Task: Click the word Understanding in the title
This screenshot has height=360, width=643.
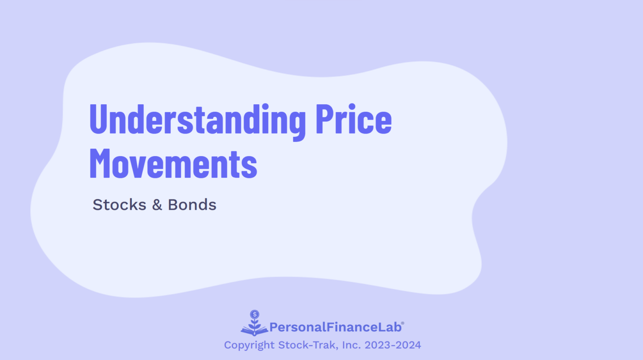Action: (197, 120)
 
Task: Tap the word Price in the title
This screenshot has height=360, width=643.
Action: (353, 120)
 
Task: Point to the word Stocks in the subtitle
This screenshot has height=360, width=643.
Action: (119, 205)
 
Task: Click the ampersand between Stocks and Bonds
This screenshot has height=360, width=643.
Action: (157, 205)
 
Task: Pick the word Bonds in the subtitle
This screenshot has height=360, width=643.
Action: (192, 205)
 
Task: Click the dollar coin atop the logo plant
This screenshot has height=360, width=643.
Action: (255, 314)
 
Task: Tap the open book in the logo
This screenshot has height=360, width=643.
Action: (254, 331)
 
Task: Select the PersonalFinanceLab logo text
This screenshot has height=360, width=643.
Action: (335, 327)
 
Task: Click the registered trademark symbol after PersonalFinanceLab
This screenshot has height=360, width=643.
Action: (403, 323)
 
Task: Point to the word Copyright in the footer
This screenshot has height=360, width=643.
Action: (249, 345)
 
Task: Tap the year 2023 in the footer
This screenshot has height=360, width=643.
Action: (377, 345)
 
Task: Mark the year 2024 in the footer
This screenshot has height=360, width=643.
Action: (408, 345)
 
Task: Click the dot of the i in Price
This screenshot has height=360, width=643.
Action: (352, 107)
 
